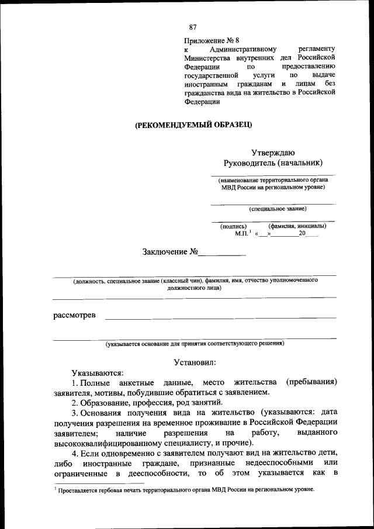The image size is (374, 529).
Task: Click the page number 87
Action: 193,27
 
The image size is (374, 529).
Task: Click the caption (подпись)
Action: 233,226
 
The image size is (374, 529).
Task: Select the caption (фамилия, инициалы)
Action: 297,226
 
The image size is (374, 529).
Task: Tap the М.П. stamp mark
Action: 242,233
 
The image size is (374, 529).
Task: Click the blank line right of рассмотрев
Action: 220,317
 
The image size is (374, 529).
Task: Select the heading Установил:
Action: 195,363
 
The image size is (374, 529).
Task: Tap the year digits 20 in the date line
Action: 302,233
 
